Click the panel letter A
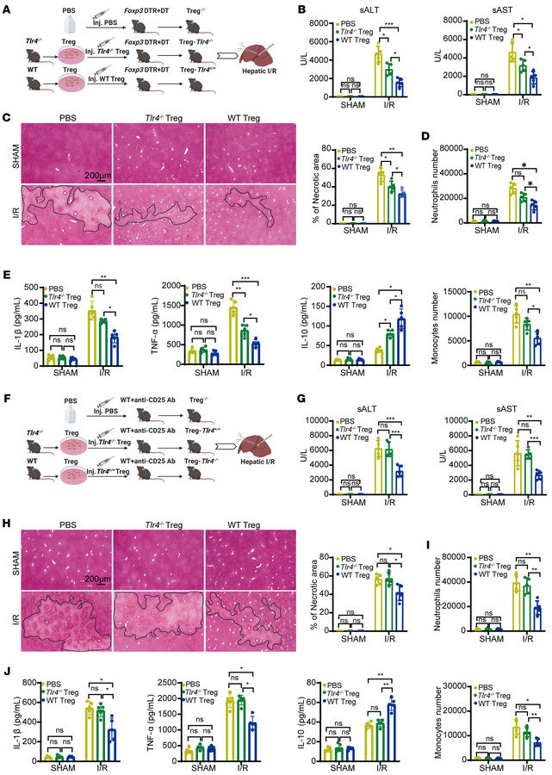point(7,8)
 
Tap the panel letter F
point(7,398)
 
